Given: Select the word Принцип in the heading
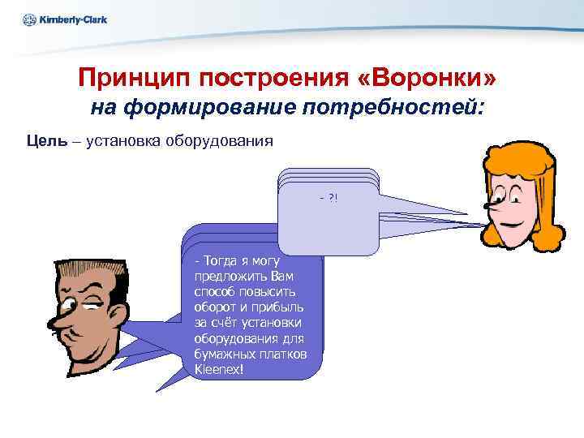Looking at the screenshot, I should coord(130,79).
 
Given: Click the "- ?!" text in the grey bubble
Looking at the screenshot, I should coord(328,198).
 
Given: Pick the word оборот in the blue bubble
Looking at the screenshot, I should coord(217,307).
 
